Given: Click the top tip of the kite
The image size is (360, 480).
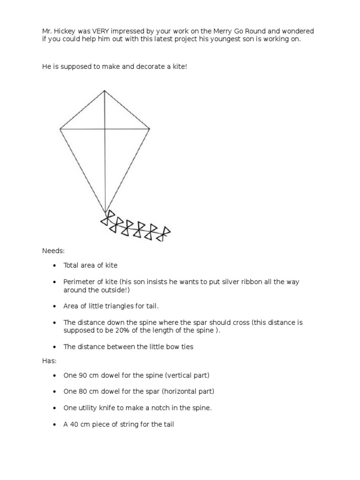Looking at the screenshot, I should [105, 90].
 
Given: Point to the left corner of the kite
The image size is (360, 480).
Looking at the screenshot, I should [60, 128].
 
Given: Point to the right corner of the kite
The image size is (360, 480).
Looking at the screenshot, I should [150, 128].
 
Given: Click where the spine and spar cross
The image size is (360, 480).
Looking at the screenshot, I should [105, 128].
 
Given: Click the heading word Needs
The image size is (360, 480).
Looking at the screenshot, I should [53, 251].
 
